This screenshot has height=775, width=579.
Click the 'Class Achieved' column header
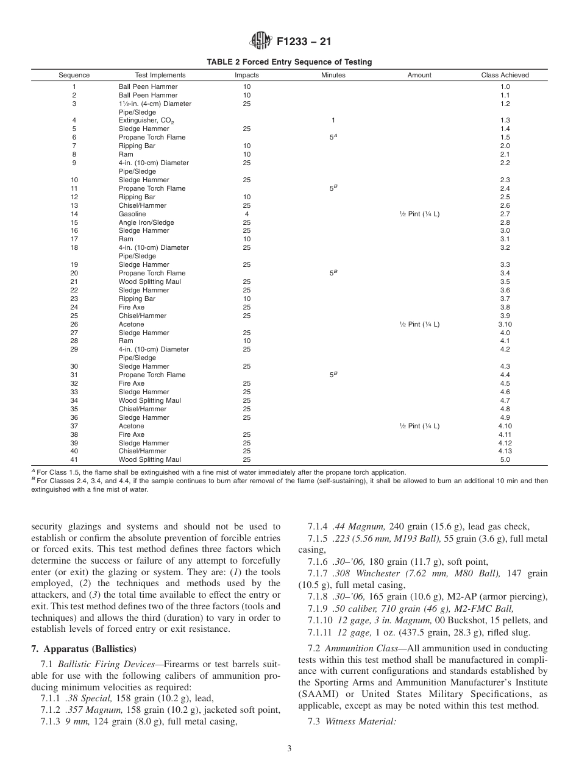pos(505,76)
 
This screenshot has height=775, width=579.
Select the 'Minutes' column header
pos(333,76)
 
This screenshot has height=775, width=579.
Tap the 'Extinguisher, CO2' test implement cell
pos(143,121)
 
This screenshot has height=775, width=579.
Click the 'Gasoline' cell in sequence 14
pos(132,214)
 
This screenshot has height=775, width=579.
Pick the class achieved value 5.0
pos(505,459)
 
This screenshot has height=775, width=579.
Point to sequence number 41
pos(74,459)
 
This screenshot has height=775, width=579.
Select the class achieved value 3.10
pos(505,324)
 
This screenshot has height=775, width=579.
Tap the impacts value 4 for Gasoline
pos(247,214)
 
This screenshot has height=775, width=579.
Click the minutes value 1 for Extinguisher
pos(333,121)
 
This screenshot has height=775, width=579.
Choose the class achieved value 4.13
pos(505,451)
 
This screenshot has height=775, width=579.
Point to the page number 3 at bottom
pos(289,749)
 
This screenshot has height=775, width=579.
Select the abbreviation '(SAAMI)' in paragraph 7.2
pos(316,695)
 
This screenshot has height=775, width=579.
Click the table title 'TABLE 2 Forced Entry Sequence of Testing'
pos(289,62)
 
